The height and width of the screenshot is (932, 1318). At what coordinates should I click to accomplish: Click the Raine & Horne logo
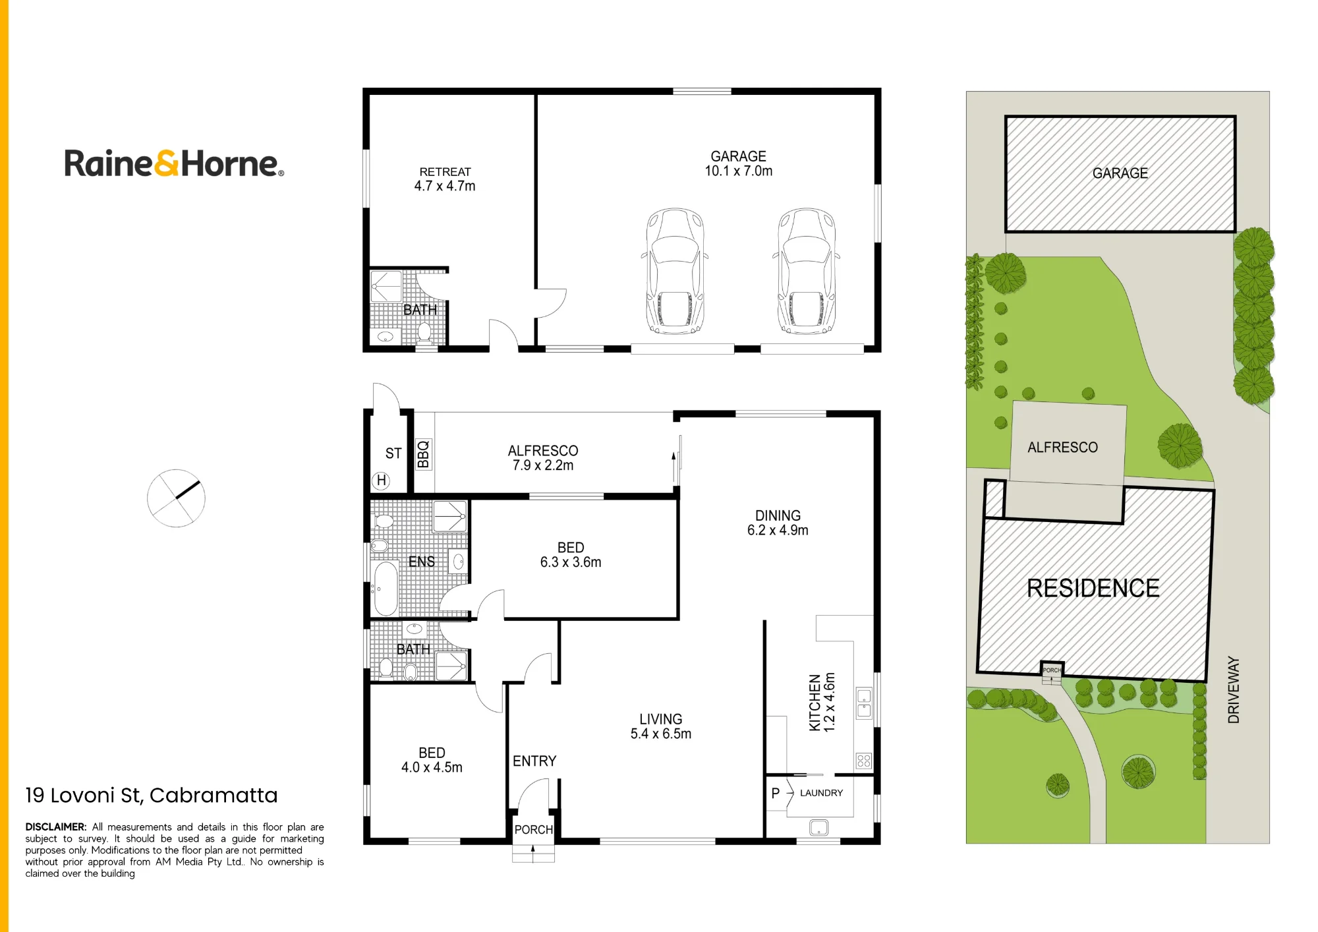pos(174,163)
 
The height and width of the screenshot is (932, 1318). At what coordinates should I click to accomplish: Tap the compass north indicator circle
pos(176,498)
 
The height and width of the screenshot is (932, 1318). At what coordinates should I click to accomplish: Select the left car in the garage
pos(675,271)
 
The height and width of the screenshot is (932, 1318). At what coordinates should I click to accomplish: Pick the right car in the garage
pos(805,271)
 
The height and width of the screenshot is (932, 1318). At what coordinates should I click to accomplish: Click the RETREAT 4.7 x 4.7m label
pos(445,179)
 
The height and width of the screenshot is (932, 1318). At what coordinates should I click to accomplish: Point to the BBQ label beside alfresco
pos(423,454)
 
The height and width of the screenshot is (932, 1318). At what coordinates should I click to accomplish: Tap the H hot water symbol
pos(381,481)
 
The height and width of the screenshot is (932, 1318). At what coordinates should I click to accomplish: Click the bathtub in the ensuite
pos(386,588)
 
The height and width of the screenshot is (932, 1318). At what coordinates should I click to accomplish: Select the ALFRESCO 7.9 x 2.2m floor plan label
pos(543,457)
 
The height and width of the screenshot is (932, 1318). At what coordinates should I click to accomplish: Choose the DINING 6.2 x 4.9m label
pos(778,523)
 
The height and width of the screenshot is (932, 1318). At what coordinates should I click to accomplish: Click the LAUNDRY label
pos(821,793)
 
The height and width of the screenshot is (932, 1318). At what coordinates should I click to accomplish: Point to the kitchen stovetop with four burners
pos(864,761)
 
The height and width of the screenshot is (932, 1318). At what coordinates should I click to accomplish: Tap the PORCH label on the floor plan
pos(534,830)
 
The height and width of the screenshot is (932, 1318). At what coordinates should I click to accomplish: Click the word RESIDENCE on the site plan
pos(1093,588)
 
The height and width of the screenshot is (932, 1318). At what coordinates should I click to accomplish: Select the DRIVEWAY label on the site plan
pos(1234,689)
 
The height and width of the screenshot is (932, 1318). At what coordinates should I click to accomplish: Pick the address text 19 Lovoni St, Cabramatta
pos(152,796)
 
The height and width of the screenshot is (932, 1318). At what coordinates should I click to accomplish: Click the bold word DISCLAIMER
pos(56,827)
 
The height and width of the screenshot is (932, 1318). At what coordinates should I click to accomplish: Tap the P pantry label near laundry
pos(776,793)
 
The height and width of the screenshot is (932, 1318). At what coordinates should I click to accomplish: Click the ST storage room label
pos(393,453)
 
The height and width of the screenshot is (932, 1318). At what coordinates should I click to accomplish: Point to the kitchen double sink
pos(864,703)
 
